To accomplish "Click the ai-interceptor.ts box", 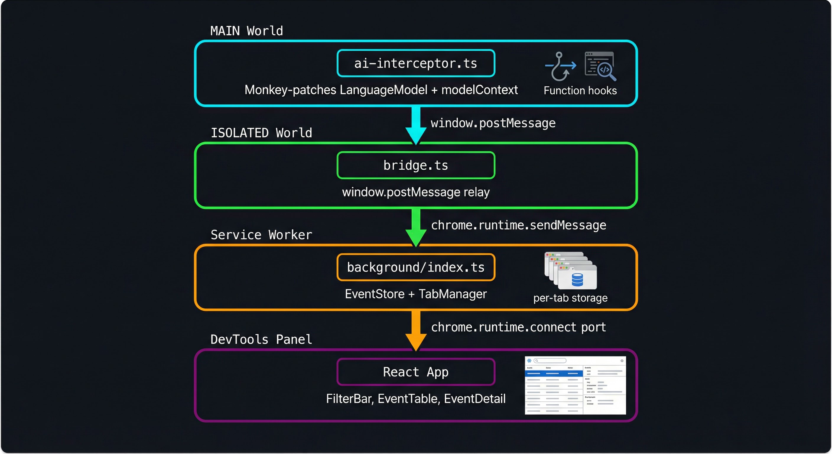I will click(x=416, y=63).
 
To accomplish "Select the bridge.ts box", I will click(x=416, y=165).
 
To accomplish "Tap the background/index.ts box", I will click(x=416, y=267).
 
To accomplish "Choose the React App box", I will click(x=416, y=372).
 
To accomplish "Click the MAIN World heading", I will click(x=246, y=31).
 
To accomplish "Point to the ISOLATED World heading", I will click(x=261, y=133).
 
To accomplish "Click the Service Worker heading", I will click(x=261, y=235).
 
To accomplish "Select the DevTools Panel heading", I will click(x=261, y=339).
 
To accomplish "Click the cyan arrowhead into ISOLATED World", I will click(x=416, y=136).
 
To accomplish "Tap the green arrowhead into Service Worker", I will click(x=416, y=238).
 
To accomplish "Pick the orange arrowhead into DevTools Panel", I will click(x=416, y=342).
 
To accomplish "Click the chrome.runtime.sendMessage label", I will click(x=519, y=225).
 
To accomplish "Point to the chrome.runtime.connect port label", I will click(x=519, y=327).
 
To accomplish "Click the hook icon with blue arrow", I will click(x=560, y=67).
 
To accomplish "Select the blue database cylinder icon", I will click(x=577, y=280).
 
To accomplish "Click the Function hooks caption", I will click(x=580, y=90).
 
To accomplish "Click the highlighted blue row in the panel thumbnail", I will click(x=554, y=374).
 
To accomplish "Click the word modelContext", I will click(x=479, y=90).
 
